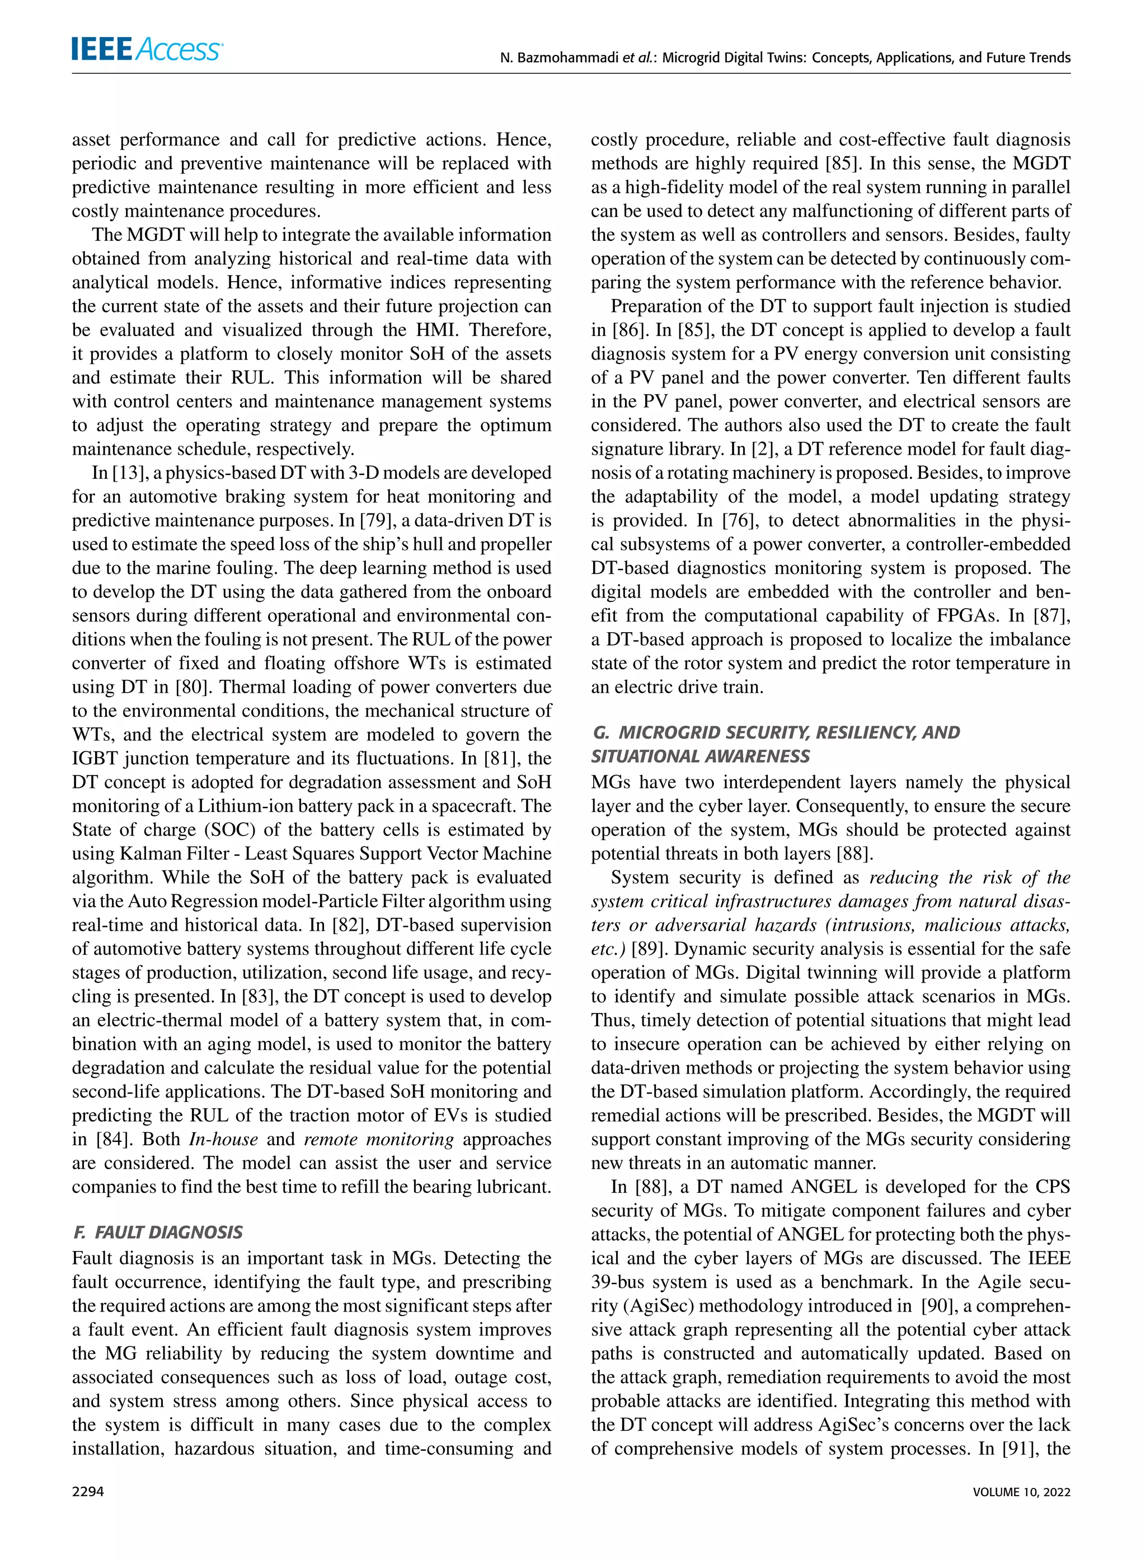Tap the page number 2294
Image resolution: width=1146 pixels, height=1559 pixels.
88,1491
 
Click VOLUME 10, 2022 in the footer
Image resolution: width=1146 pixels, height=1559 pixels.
1021,1492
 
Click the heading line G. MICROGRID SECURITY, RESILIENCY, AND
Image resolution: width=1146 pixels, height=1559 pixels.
776,732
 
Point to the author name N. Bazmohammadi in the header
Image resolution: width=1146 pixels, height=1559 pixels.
559,58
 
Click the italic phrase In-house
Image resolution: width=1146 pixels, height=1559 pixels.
223,1139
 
